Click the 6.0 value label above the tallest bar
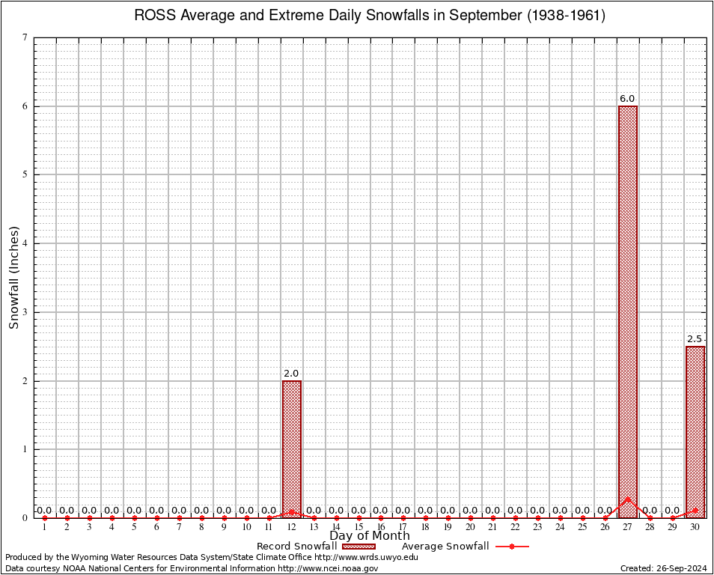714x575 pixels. pos(627,99)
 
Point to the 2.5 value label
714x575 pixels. pos(695,339)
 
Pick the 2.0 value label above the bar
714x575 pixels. pos(291,374)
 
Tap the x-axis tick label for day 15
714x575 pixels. pos(358,528)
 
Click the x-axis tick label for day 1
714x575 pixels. pos(44,528)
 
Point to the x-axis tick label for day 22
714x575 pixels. pos(515,528)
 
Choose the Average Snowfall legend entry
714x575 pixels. pos(445,547)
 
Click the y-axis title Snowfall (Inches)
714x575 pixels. pos(13,278)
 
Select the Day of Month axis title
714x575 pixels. pos(370,536)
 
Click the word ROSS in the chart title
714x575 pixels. pos(153,16)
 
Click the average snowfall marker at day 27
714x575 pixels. pos(627,499)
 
